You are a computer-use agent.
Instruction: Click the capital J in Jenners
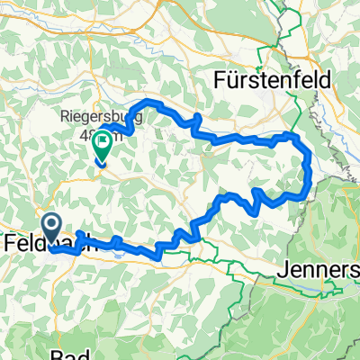[x=280, y=269]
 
